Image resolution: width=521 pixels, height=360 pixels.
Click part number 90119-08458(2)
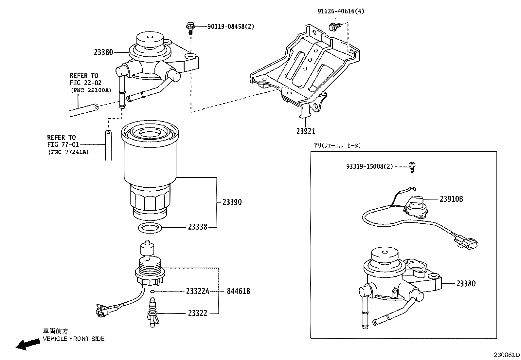click(231, 27)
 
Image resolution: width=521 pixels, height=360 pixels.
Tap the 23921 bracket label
click(306, 131)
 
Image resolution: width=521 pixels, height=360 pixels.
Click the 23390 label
click(232, 202)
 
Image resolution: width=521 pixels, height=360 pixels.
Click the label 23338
click(198, 227)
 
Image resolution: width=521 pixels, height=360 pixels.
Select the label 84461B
click(238, 291)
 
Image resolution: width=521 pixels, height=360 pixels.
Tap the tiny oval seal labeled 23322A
click(153, 291)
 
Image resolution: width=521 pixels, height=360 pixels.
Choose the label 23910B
click(451, 199)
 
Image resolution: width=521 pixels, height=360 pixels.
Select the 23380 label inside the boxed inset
click(466, 284)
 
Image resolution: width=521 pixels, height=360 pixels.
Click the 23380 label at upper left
click(103, 52)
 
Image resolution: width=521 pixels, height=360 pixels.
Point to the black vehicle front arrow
click(26, 344)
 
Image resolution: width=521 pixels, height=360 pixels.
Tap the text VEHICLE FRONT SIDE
click(74, 339)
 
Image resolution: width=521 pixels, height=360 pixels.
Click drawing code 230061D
click(507, 355)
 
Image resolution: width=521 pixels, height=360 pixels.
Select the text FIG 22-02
click(85, 83)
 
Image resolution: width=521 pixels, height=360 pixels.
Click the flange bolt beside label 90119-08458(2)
click(190, 27)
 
